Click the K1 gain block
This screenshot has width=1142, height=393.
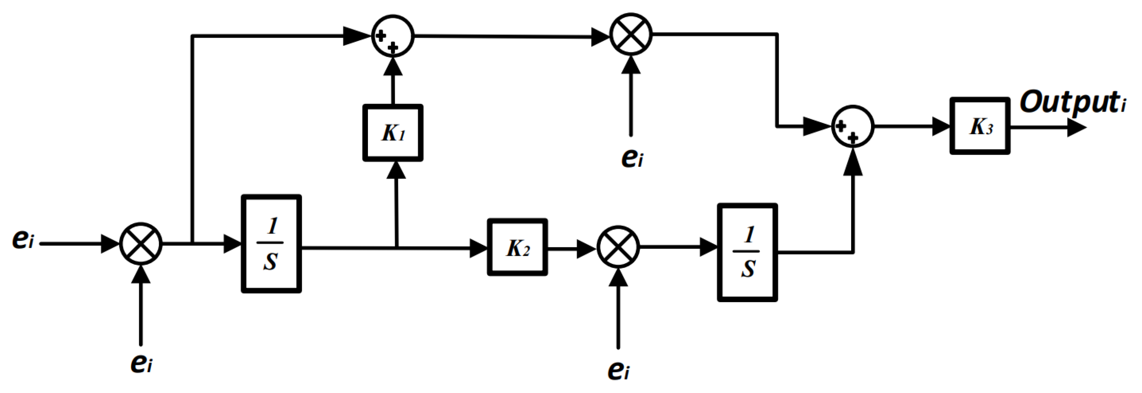392,133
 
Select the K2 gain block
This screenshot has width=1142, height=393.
517,248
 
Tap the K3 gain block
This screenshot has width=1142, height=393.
980,126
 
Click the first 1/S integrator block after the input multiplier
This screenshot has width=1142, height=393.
271,244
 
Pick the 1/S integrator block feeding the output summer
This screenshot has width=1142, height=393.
747,253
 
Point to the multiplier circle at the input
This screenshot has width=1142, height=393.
141,244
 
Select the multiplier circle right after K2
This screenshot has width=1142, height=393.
618,247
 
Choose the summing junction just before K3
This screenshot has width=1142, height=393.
852,126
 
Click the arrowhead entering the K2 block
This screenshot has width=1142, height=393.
479,248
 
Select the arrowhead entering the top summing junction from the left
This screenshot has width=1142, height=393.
357,36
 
